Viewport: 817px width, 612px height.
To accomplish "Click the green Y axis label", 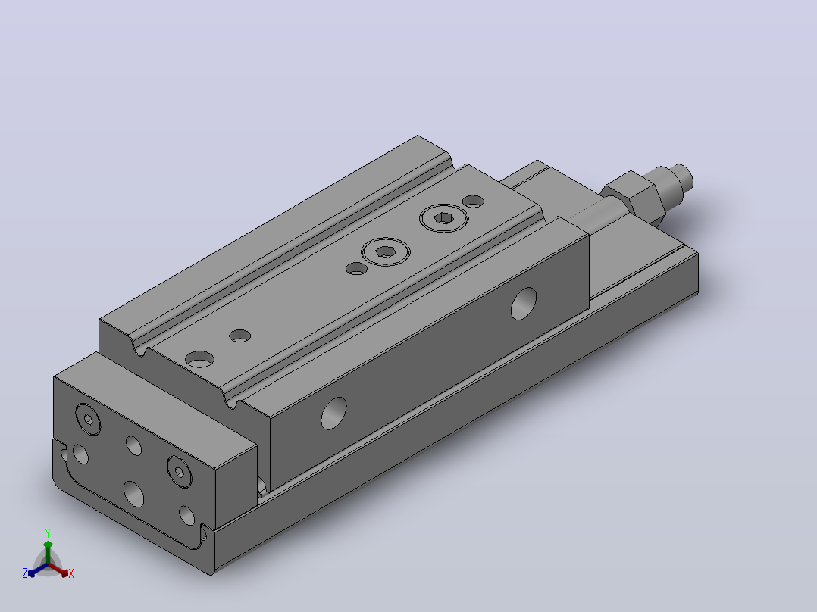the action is (x=48, y=532).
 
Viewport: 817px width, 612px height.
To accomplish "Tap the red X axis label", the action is (x=71, y=573).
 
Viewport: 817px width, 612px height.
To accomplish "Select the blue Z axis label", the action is (x=24, y=573).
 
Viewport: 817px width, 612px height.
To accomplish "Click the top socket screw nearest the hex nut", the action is (x=444, y=217).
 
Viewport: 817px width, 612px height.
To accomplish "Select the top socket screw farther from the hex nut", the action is (x=386, y=252).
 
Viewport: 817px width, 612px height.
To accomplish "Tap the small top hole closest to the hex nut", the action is (x=473, y=201).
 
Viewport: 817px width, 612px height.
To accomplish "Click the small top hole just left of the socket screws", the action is (x=356, y=269).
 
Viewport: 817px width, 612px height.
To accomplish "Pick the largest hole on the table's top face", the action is (x=200, y=359).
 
